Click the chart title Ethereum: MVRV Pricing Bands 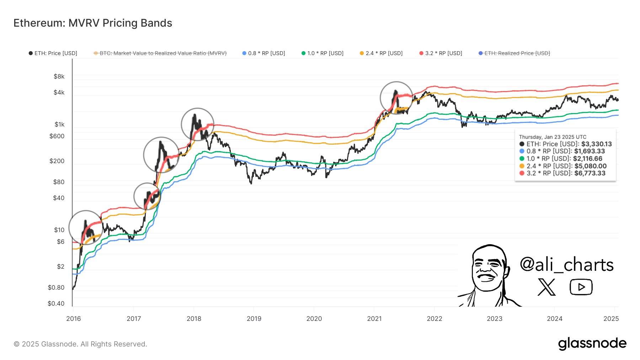pos(93,23)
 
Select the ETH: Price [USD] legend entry pos(53,53)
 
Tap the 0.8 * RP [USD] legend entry pos(263,53)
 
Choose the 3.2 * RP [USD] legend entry pos(441,53)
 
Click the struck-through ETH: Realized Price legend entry pos(514,53)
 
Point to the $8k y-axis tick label pos(59,76)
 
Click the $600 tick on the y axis pos(57,136)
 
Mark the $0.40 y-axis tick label pos(56,303)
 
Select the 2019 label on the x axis pos(254,319)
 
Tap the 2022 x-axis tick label pos(434,319)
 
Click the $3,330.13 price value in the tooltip pos(596,144)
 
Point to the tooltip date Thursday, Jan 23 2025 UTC pos(553,137)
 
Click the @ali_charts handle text pos(566,265)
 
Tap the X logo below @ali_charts pos(546,287)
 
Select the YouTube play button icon pos(581,287)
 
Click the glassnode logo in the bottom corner pos(592,343)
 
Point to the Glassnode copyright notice pos(80,344)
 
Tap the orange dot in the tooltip pos(522,166)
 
